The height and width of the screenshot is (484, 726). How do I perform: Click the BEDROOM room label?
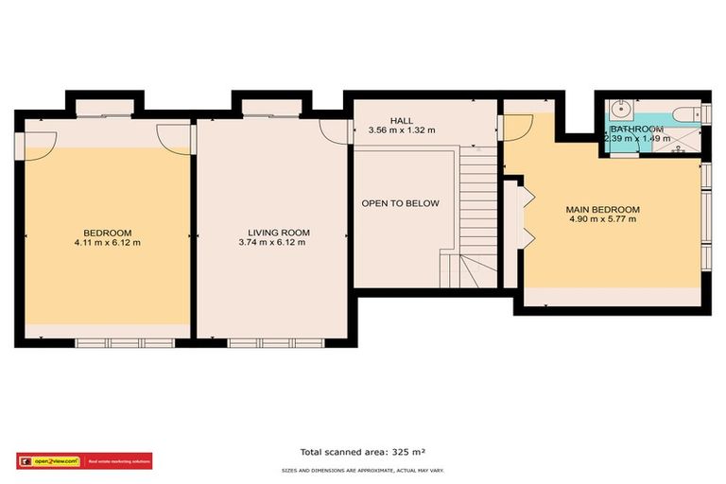(x=107, y=233)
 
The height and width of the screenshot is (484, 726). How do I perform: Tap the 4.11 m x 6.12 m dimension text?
(x=107, y=243)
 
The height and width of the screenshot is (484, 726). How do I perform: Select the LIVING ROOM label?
(x=279, y=233)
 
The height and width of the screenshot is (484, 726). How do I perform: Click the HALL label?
(x=402, y=121)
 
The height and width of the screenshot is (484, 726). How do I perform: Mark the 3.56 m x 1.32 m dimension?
(x=402, y=130)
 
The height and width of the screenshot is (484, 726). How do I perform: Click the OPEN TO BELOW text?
(x=400, y=203)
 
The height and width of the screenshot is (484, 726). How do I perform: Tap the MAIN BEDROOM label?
(x=602, y=210)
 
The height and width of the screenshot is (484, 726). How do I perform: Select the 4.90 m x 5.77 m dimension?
(x=602, y=220)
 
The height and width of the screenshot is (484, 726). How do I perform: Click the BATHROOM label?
(x=635, y=129)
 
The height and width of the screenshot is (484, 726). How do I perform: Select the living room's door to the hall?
(x=333, y=131)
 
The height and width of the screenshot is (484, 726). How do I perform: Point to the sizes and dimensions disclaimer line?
(x=362, y=469)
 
